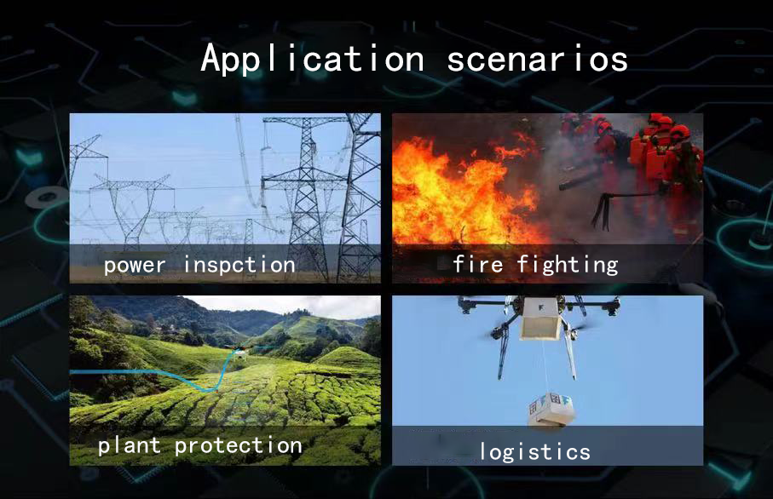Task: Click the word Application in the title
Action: [x=313, y=59]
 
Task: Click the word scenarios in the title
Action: [x=538, y=59]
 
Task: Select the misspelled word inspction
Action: [x=239, y=266]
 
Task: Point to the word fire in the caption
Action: [x=478, y=264]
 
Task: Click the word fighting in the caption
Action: [x=568, y=265]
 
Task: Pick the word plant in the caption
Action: [x=130, y=446]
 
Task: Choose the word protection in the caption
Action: [x=239, y=446]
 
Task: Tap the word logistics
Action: [x=535, y=451]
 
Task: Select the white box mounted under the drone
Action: [x=541, y=319]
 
